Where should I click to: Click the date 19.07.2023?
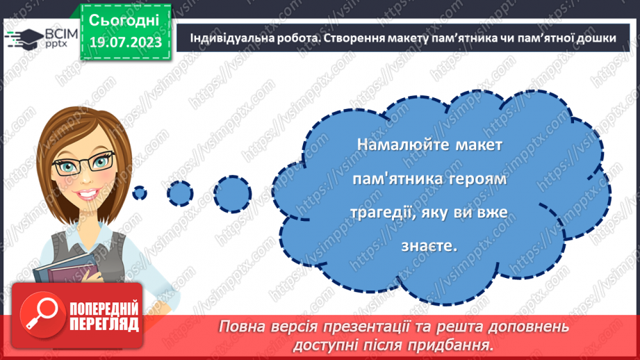[x=126, y=42]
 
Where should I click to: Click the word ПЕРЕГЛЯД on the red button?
[x=104, y=324]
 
